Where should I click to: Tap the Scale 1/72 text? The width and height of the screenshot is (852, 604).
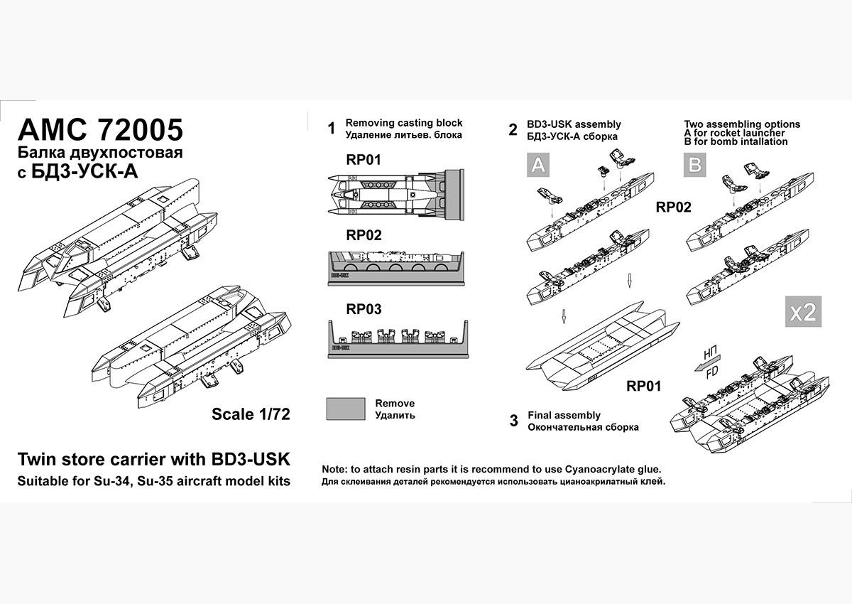pos(251,414)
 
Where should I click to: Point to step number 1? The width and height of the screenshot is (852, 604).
pos(331,129)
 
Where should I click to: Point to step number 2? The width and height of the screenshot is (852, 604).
pos(513,130)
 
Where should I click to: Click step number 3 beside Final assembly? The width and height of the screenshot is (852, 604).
pos(513,421)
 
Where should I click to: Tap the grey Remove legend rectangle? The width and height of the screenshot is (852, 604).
pos(345,409)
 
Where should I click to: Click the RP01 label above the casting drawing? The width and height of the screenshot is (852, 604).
pos(364,160)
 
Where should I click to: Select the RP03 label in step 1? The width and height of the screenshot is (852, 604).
pos(364,309)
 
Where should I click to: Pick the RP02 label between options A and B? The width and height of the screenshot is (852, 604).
pos(673,207)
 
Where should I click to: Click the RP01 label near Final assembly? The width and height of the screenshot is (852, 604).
pos(643,387)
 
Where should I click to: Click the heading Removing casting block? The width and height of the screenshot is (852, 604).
pos(403,123)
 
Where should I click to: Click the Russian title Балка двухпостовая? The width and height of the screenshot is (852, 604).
pos(100,153)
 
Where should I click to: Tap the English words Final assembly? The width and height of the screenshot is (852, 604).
pos(564,415)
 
